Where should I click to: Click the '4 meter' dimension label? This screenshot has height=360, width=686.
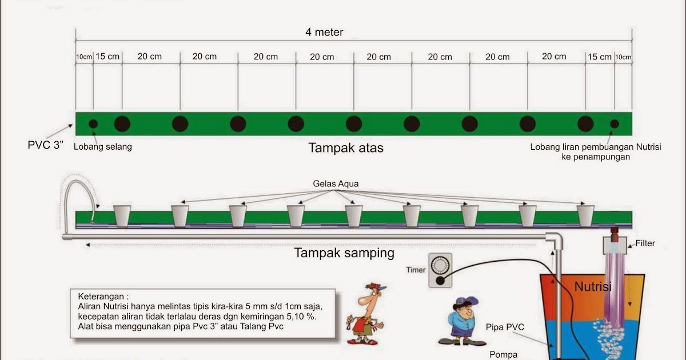coord(324,33)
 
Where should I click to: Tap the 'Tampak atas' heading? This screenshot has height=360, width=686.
coord(346,148)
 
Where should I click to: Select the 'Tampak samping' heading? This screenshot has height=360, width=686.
coord(344,253)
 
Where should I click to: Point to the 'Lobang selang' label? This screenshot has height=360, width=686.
coord(103,147)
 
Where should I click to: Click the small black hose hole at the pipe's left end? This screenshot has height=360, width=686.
coord(93,123)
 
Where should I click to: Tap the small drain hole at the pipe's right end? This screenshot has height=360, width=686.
coord(615,123)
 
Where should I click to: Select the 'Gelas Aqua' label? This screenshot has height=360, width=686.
coord(336,184)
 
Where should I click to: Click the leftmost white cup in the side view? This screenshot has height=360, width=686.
coord(122,216)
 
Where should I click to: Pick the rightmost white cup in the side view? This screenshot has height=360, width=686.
coord(585,216)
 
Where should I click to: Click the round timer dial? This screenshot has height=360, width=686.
coord(440,265)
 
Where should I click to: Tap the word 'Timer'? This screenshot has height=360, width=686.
coord(416,270)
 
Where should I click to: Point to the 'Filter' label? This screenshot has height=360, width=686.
coord(645,243)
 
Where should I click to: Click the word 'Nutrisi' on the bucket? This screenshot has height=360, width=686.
coord(593,287)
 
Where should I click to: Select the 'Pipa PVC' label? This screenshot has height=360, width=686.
coord(505,327)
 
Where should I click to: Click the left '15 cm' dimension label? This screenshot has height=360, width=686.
coord(107,57)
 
